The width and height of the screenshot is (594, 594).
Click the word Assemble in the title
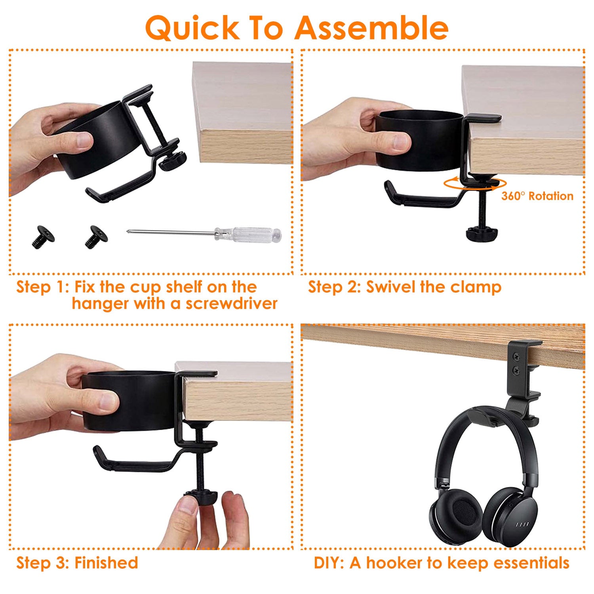pyautogui.click(x=371, y=28)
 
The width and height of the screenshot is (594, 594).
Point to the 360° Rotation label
pyautogui.click(x=537, y=196)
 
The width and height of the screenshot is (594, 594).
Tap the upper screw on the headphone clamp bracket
pyautogui.click(x=517, y=357)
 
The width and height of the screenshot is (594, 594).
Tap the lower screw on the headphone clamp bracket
pyautogui.click(x=517, y=371)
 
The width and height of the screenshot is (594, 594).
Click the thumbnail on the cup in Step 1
pyautogui.click(x=84, y=139)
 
